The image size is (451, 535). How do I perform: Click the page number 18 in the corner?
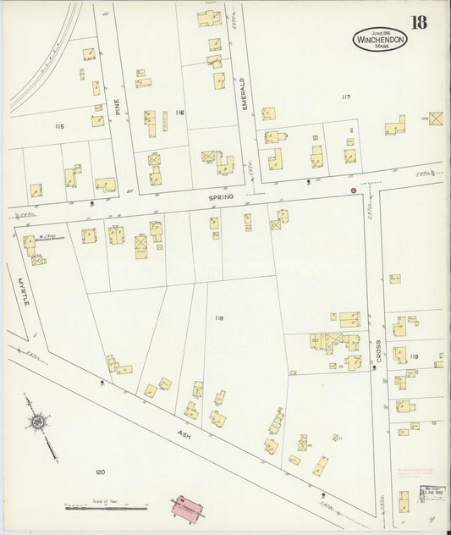[425, 23]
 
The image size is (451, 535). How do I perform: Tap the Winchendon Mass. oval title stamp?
[380, 40]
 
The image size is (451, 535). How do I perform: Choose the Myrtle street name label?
[20, 289]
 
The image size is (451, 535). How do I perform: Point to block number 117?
[345, 97]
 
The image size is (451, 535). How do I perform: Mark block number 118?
[218, 317]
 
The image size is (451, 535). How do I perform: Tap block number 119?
[413, 357]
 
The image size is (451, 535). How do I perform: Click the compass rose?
[39, 422]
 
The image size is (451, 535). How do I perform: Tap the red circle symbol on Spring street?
[354, 190]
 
